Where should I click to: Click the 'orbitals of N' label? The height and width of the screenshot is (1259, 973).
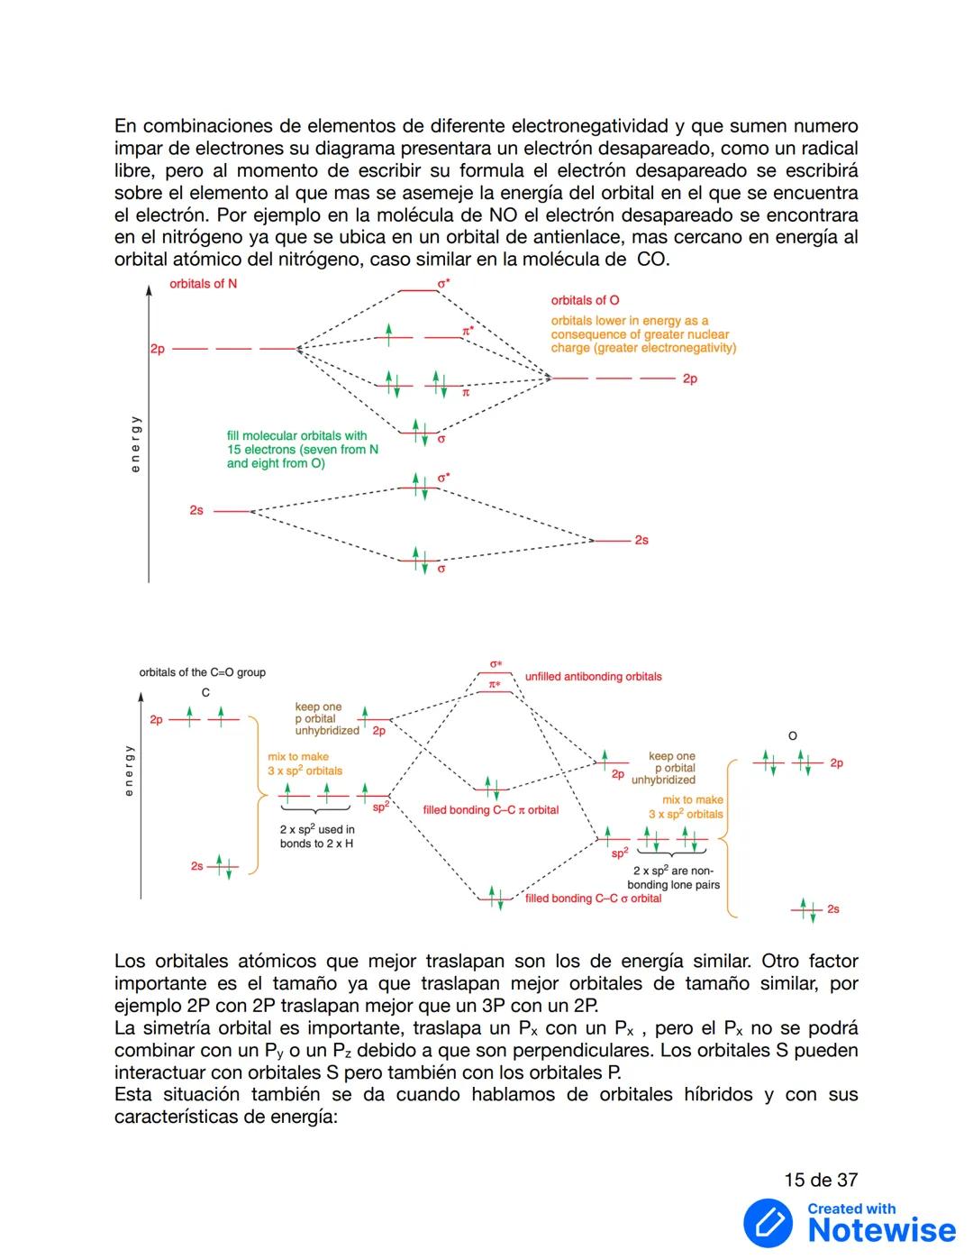click(203, 284)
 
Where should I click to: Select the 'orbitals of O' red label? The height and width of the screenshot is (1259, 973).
click(585, 300)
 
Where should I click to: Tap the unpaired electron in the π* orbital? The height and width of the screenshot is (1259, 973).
click(388, 335)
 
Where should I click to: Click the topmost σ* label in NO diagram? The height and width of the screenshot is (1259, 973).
click(443, 283)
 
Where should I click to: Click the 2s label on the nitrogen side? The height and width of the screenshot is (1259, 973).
click(196, 510)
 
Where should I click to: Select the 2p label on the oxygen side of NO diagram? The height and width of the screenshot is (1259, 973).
click(689, 379)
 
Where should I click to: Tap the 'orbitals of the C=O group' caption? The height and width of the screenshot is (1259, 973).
click(202, 672)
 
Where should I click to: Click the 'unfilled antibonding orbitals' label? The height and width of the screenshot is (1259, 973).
click(593, 677)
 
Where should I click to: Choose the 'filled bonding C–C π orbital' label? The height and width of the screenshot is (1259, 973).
click(490, 810)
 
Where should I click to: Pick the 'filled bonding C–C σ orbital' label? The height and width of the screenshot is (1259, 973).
click(593, 899)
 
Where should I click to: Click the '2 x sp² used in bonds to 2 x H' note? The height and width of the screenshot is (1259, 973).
click(317, 836)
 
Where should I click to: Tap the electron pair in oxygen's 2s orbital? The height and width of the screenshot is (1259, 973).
click(806, 908)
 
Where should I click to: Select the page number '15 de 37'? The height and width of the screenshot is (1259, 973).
click(821, 1180)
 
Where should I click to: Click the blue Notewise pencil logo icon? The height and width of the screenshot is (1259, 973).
click(768, 1223)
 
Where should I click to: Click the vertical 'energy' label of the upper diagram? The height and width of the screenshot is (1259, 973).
click(135, 443)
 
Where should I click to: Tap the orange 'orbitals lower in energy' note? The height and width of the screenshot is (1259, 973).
click(643, 334)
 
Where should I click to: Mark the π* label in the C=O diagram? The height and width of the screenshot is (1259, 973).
click(495, 685)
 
